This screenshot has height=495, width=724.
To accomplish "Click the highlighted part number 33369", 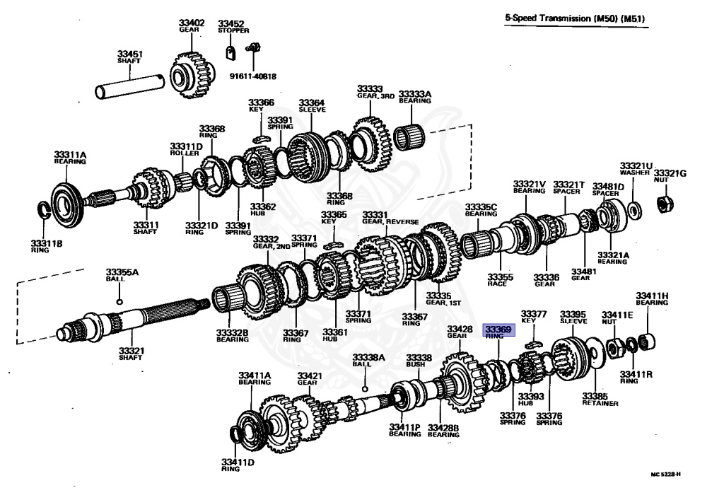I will (x=498, y=329).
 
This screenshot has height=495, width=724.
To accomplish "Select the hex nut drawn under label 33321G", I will (x=665, y=204).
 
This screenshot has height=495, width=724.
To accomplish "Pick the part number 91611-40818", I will (x=252, y=76).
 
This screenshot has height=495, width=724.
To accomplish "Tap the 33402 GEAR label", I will (x=191, y=26).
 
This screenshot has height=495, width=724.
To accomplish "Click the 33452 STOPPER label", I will (x=230, y=27).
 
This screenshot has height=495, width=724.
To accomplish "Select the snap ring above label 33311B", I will (x=43, y=210).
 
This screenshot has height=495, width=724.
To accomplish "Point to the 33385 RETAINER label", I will (x=600, y=400).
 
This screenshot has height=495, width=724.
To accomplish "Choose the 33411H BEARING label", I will (x=651, y=298).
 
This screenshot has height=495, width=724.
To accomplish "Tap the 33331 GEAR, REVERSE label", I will (x=385, y=219).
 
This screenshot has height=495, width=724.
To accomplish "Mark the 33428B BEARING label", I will (x=443, y=431).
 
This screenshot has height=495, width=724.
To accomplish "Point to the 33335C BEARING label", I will (x=481, y=210).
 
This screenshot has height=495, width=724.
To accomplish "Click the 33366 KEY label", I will (x=260, y=106).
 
